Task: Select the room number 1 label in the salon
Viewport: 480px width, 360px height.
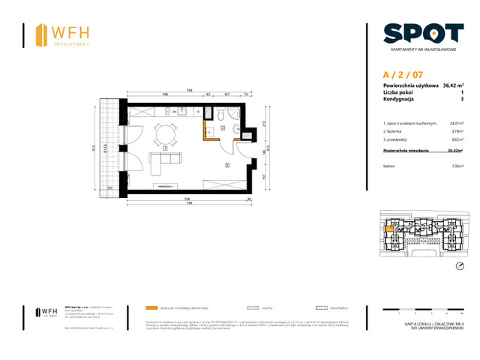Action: (x=163, y=148)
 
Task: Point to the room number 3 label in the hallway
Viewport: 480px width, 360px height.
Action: (x=226, y=164)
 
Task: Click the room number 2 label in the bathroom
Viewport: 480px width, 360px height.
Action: (x=223, y=129)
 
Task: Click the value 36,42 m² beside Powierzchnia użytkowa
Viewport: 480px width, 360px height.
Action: (x=452, y=86)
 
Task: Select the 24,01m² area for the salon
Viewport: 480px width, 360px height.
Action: (x=455, y=123)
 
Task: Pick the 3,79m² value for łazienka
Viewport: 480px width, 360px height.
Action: (x=456, y=131)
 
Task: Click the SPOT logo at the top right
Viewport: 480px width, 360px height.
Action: (x=423, y=33)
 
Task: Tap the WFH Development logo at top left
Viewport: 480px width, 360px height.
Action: (x=63, y=35)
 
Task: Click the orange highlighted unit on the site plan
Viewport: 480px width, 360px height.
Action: (x=390, y=232)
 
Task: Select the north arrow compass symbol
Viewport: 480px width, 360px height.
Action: (x=460, y=266)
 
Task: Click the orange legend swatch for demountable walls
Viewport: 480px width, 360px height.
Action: (x=153, y=307)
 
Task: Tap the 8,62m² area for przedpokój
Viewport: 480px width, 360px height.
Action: (x=456, y=139)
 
